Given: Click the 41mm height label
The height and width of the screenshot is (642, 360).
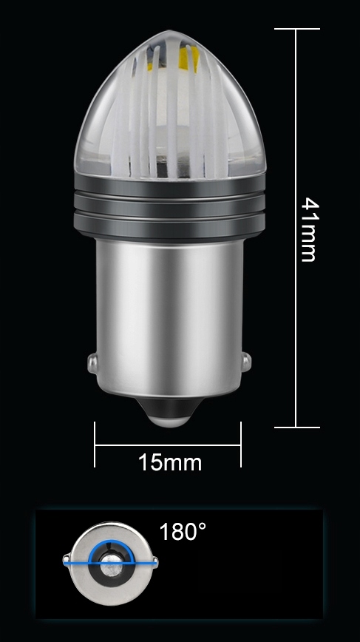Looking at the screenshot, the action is pos(308,229).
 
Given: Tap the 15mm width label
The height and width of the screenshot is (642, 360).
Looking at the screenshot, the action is pos(170,463).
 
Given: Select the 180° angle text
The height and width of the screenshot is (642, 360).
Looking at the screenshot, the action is pos(183,532).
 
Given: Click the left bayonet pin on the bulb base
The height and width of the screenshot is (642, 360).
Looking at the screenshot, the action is pos(93,363).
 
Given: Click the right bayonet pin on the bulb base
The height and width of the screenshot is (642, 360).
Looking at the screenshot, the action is pos(246,362).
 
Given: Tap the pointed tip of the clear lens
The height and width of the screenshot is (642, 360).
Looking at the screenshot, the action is pos(170,33).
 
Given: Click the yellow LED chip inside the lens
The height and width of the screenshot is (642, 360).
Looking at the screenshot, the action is pos(194,58).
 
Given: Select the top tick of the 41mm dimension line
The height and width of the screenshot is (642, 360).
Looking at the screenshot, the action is pos(297,29).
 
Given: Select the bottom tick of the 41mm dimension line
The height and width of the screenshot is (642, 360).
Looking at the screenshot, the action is pos(297,428).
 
